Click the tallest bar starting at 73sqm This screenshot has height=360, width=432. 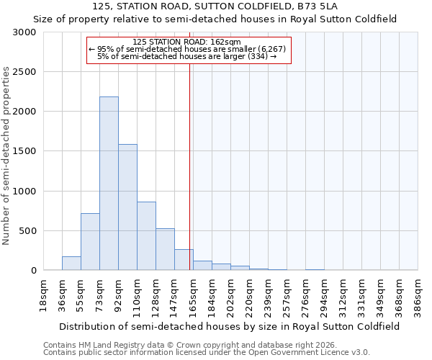109,184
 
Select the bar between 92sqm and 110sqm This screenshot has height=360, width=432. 127,207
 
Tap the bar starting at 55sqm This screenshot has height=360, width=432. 90,241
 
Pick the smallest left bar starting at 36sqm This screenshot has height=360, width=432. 71,264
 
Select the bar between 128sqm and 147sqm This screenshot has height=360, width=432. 165,249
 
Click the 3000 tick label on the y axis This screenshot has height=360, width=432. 24,32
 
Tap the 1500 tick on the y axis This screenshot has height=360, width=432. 24,151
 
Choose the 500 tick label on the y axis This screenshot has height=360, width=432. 27,231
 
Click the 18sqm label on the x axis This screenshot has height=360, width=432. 44,294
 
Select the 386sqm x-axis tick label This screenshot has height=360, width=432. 418,294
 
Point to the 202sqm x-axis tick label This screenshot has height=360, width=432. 231,294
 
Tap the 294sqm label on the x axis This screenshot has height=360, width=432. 325,294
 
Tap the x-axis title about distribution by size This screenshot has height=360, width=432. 230,326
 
